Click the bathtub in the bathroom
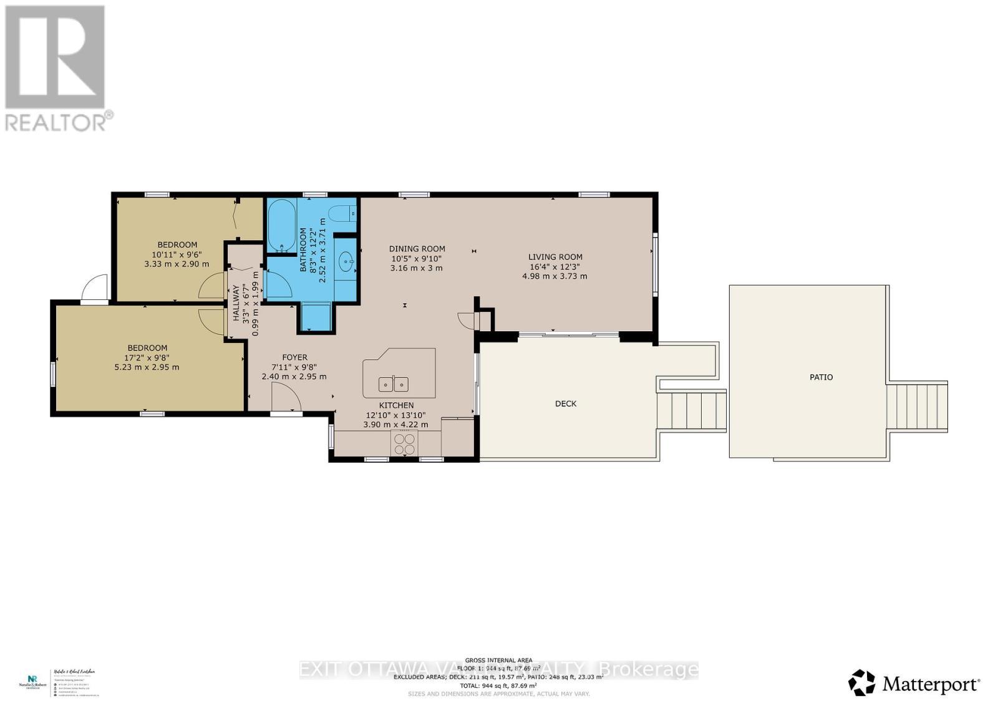(281, 226)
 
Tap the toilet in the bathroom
(341, 214)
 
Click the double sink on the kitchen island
(394, 383)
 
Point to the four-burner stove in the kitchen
(404, 443)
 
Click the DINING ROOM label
(417, 249)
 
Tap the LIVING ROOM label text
(555, 256)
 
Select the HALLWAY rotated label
(236, 303)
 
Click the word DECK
(566, 404)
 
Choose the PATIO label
(821, 377)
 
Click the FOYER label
(294, 357)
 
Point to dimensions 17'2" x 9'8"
(147, 357)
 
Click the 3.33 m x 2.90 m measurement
(177, 264)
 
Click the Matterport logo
(914, 685)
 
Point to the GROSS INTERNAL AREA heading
(498, 660)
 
